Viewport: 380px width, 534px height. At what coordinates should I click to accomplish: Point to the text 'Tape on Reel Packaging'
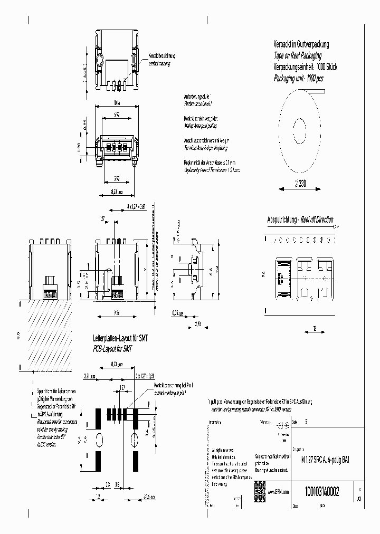(297, 55)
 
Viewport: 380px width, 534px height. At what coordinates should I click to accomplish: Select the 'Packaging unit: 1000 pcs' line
(298, 78)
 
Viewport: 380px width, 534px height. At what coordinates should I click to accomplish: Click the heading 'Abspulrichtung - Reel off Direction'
(300, 220)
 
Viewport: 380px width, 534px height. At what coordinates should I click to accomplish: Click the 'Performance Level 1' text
(198, 104)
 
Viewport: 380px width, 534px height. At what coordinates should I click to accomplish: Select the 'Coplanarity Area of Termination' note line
(212, 170)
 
